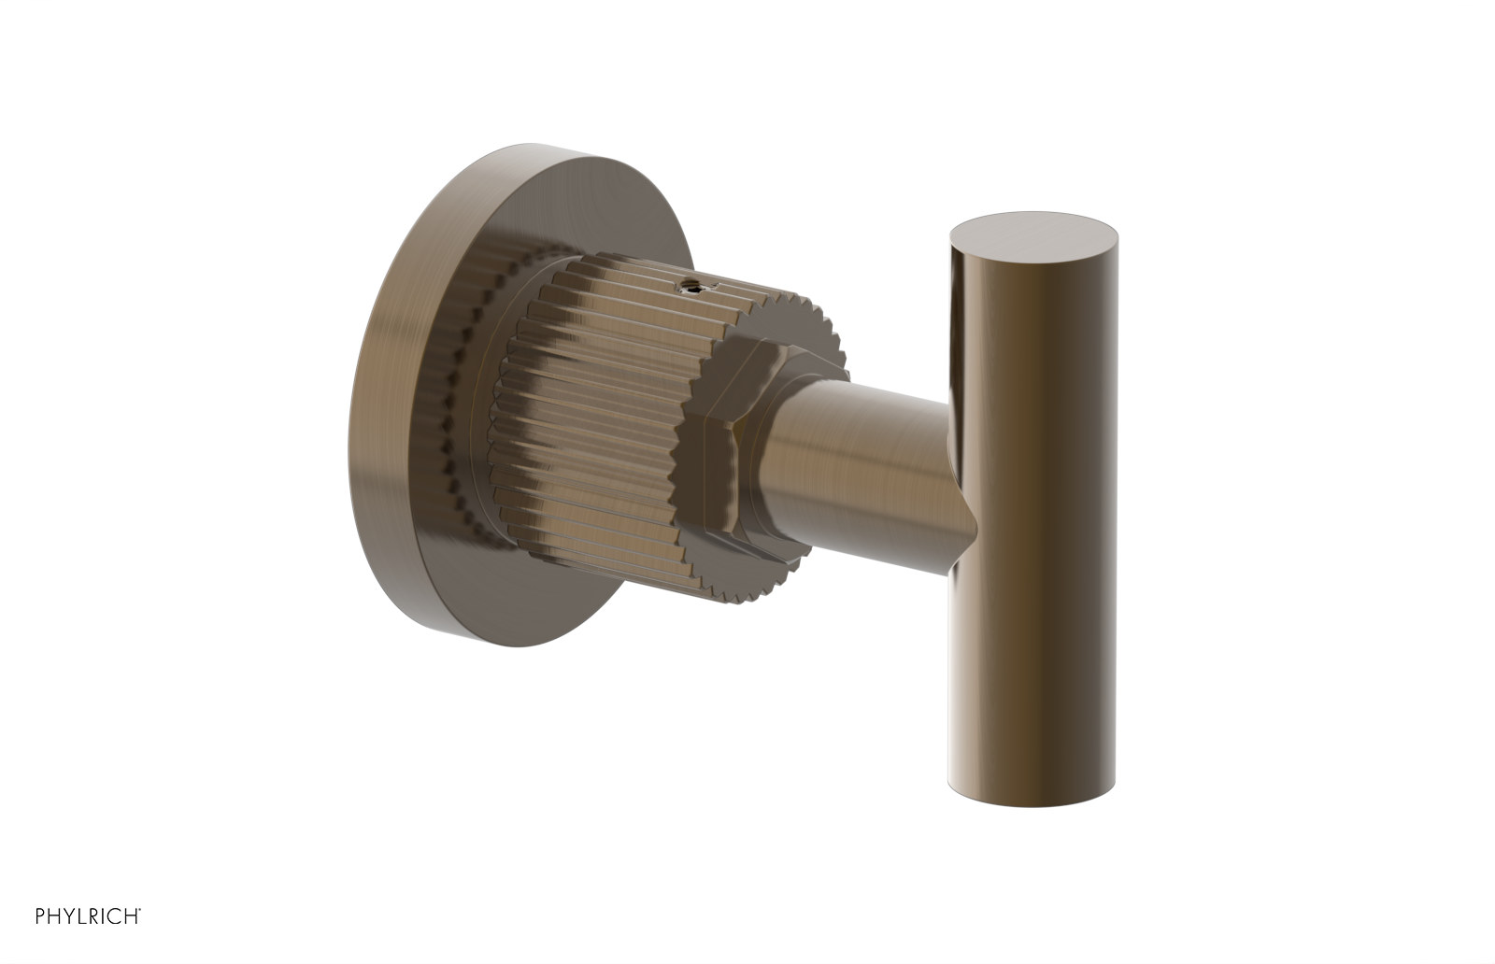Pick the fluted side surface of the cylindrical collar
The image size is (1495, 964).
(598, 420)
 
